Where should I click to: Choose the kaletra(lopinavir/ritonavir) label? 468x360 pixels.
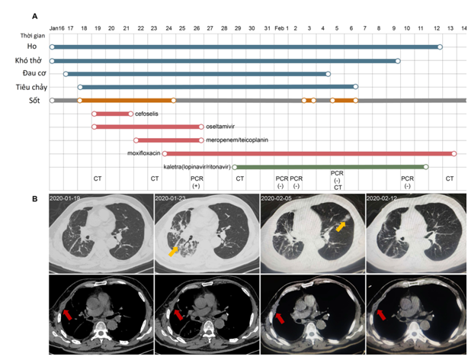pyautogui.click(x=197, y=166)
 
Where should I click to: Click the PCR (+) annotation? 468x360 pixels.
pyautogui.click(x=197, y=182)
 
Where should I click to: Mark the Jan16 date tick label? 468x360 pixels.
pyautogui.click(x=56, y=27)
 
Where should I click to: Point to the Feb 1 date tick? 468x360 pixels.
pyautogui.click(x=281, y=27)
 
